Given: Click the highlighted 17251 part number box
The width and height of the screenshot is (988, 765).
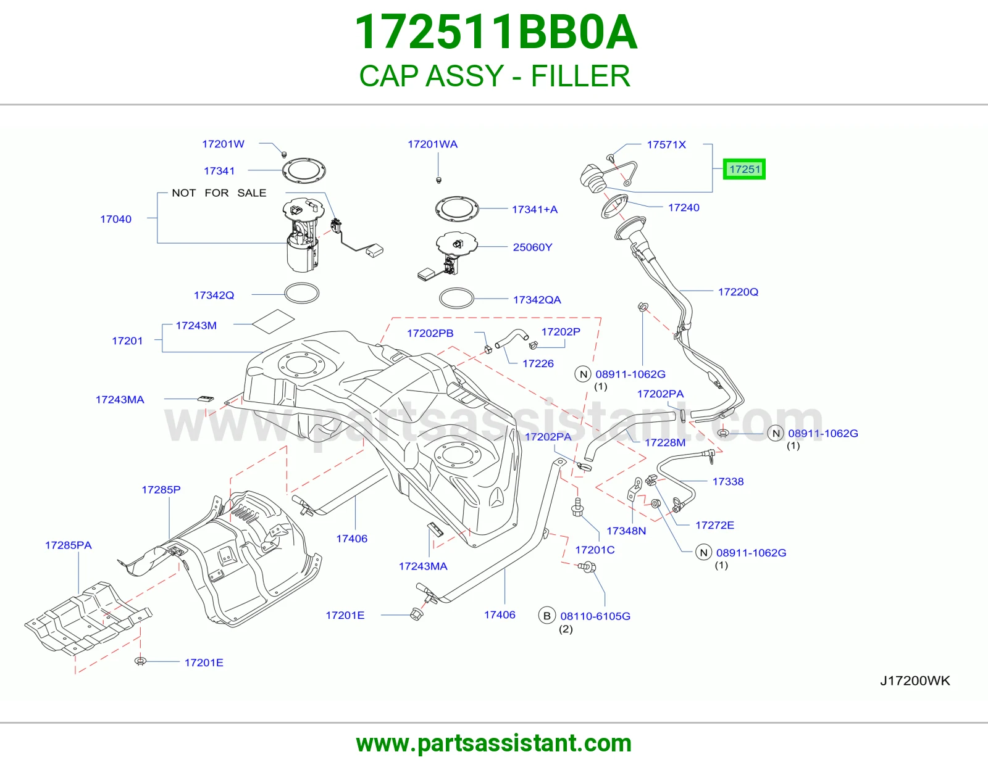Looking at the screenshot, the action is tap(744, 169).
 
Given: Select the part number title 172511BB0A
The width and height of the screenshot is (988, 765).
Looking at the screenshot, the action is tap(496, 32).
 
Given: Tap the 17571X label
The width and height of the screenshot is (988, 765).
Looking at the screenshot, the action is tap(666, 144).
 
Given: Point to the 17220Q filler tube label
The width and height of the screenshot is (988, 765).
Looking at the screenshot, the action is tap(738, 292).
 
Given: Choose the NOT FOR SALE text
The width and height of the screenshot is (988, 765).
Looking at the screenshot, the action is tap(219, 192).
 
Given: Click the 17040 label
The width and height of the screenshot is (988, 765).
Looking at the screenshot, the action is tap(115, 219).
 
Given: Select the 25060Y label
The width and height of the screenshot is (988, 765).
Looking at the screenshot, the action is tap(532, 247).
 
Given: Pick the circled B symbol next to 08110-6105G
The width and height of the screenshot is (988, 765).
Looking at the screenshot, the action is tap(547, 616).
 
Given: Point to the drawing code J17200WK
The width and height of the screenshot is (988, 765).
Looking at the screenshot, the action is tap(915, 680).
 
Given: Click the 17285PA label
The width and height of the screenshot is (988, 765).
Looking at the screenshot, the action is tap(68, 545).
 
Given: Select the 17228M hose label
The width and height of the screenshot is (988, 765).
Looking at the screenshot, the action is tap(664, 442).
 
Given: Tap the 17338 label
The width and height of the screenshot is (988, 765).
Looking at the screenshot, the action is tap(728, 482).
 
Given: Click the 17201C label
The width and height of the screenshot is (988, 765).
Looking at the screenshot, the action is tap(595, 550).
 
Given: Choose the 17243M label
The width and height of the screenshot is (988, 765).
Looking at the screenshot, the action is tap(196, 325).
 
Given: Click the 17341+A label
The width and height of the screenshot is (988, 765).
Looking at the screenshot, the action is tap(535, 209).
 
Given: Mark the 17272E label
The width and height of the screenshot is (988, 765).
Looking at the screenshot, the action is tap(714, 525).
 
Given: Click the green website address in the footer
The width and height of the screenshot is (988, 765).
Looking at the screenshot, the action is tap(494, 743).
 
